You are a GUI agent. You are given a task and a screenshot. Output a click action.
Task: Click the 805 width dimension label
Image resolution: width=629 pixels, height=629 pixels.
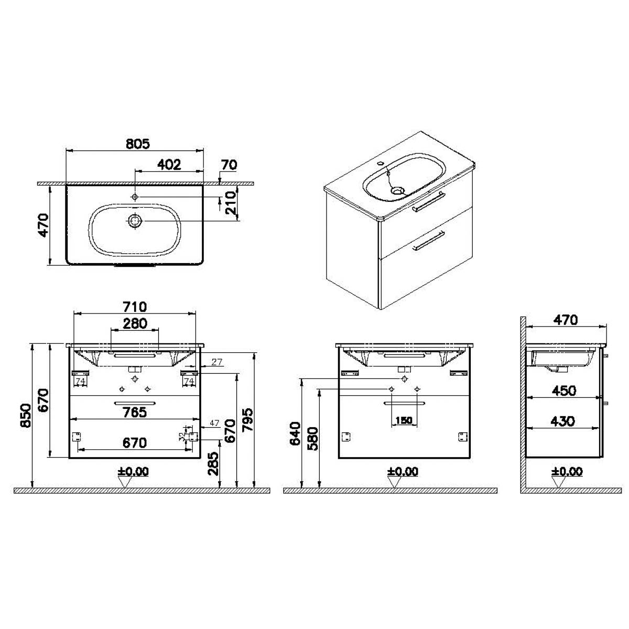pyautogui.click(x=138, y=144)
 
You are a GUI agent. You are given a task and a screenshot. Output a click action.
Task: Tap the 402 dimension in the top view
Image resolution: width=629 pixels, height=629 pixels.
pyautogui.click(x=169, y=165)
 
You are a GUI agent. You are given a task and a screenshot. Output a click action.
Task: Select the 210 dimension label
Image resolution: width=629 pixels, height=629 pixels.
pyautogui.click(x=231, y=203)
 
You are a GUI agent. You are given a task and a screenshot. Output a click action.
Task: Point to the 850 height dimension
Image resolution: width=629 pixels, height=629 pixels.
pyautogui.click(x=26, y=415)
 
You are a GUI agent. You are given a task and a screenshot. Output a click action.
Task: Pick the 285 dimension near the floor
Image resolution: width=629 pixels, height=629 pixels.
pyautogui.click(x=213, y=463)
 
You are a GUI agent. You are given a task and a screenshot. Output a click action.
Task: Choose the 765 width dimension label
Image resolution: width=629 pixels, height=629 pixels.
pyautogui.click(x=135, y=413)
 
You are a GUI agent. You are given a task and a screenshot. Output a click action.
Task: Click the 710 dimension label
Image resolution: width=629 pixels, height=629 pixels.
pyautogui.click(x=135, y=307)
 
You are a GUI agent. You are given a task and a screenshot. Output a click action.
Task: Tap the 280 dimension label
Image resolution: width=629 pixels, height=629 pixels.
pyautogui.click(x=135, y=323)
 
